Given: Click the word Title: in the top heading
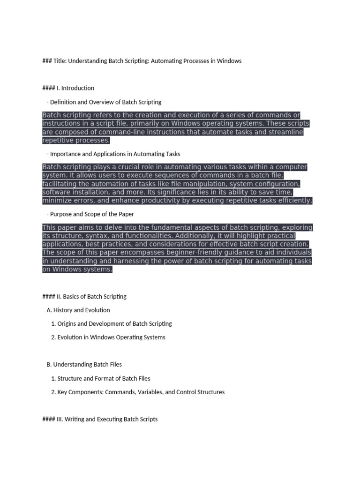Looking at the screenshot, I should [60, 61].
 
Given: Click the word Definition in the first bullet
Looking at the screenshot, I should [64, 102].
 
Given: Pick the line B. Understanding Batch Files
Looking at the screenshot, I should [85, 365].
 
